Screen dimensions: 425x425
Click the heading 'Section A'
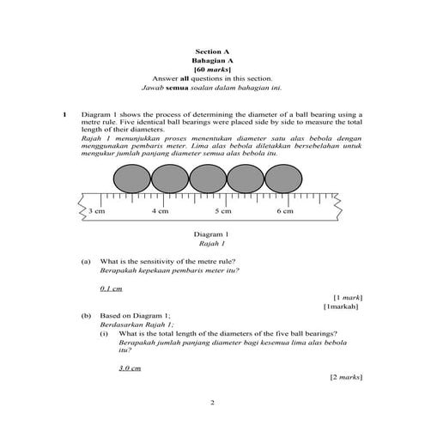pyautogui.click(x=212, y=52)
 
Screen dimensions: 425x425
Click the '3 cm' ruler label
pyautogui.click(x=96, y=210)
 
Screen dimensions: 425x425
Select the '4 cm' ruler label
pyautogui.click(x=160, y=210)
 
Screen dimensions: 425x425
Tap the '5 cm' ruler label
pyautogui.click(x=223, y=210)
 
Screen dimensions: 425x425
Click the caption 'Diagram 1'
pyautogui.click(x=212, y=234)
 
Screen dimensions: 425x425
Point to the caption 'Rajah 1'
pyautogui.click(x=212, y=244)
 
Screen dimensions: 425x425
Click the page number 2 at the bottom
pyautogui.click(x=212, y=402)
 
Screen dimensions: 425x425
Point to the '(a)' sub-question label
pyautogui.click(x=85, y=261)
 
